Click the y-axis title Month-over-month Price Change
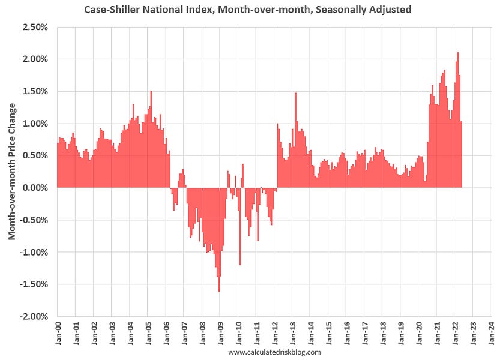click(12, 171)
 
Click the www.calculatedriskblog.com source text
click(274, 352)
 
